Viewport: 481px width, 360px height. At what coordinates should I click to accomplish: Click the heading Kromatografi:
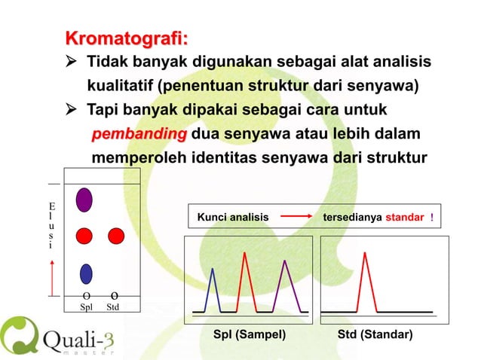(127, 38)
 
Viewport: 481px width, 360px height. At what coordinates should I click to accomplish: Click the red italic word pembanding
(139, 135)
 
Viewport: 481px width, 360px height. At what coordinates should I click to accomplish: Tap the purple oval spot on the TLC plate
(85, 199)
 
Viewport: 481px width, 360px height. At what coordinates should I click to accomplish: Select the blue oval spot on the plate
(86, 273)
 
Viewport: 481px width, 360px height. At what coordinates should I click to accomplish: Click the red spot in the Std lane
(115, 236)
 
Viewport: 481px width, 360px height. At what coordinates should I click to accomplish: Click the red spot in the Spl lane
(85, 236)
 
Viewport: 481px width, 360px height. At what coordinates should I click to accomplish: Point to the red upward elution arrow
(51, 277)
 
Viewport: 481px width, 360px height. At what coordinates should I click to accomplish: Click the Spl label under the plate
(86, 307)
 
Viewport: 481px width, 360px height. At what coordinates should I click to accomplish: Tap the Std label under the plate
(113, 307)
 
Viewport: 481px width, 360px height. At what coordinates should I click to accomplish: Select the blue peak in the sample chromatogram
(214, 290)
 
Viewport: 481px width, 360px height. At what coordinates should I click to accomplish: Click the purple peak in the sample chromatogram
(285, 286)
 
